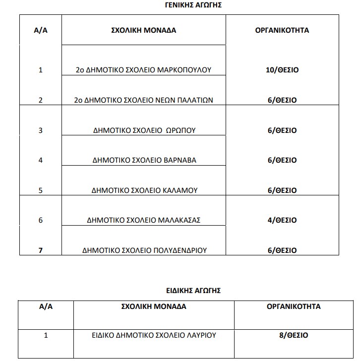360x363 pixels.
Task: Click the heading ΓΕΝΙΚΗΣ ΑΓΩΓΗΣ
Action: (x=193, y=5)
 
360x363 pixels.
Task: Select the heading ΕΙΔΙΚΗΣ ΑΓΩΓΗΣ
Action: (x=193, y=290)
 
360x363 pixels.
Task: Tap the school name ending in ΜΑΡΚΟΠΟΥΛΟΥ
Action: (x=143, y=70)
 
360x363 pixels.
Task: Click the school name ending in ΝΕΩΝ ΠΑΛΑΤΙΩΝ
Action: (x=143, y=100)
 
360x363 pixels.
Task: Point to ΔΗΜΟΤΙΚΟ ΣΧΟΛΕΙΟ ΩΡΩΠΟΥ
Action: (x=144, y=130)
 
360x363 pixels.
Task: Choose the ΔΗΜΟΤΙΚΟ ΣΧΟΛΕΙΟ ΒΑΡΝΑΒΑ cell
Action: (x=144, y=160)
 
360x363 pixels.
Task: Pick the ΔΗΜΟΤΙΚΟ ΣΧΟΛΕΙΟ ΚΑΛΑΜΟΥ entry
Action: (x=145, y=190)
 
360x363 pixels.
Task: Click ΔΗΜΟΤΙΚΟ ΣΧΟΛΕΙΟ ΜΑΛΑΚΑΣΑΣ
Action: (x=143, y=220)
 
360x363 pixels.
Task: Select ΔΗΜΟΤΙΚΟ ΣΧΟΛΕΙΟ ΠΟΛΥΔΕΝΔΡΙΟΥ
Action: (x=144, y=250)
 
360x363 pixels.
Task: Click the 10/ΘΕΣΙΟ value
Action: (x=282, y=70)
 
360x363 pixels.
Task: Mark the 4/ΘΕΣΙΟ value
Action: (x=282, y=220)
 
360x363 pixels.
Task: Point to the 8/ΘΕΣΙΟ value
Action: (x=293, y=335)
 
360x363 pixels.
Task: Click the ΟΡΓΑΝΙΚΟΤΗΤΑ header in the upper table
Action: (x=282, y=30)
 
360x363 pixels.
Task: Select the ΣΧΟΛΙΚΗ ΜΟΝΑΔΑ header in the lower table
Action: (x=154, y=306)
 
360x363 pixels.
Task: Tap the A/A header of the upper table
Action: (x=40, y=30)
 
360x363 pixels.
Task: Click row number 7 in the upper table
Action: (x=40, y=250)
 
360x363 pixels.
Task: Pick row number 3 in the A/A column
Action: (x=40, y=130)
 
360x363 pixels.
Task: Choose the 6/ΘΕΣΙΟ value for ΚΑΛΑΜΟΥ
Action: (x=282, y=190)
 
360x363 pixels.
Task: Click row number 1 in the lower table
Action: (x=46, y=335)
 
